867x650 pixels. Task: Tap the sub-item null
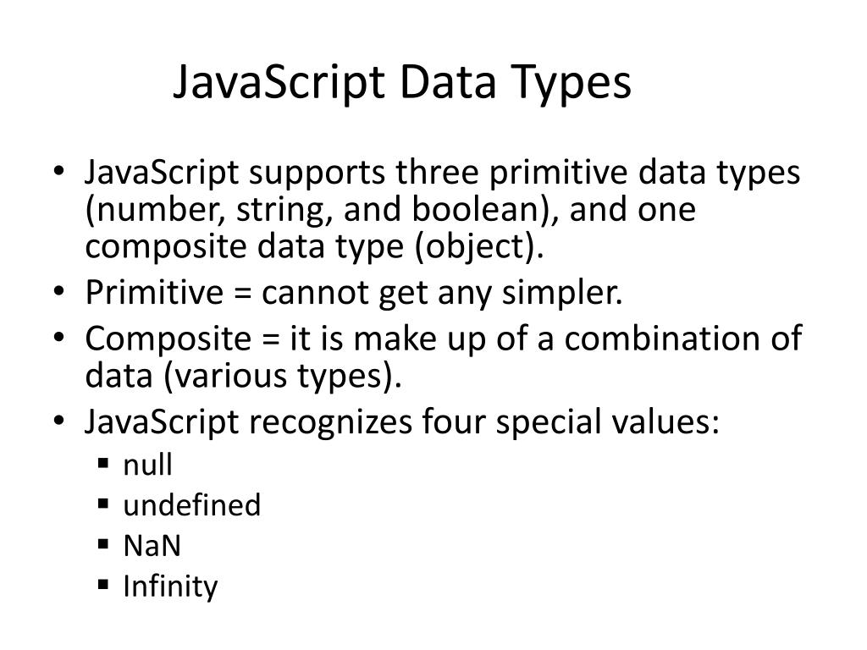click(147, 465)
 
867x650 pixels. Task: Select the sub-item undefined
click(192, 505)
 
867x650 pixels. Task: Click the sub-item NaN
click(152, 546)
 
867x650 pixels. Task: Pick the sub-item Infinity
click(170, 587)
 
